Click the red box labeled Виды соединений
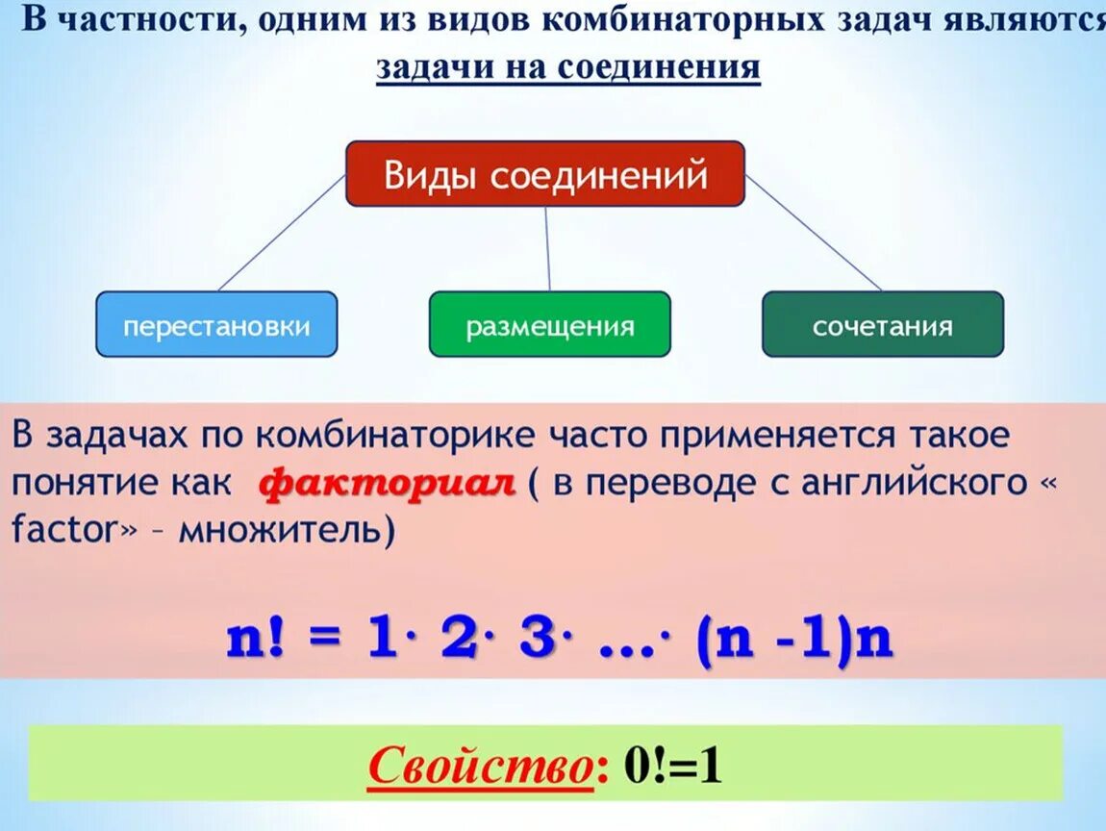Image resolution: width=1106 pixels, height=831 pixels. (x=545, y=174)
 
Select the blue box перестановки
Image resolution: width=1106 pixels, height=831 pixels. (x=216, y=325)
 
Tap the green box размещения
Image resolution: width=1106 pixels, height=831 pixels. (x=549, y=325)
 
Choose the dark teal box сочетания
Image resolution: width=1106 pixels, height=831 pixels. (x=882, y=325)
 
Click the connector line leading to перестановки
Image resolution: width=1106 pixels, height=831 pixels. (x=281, y=234)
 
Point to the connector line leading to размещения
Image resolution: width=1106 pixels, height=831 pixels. (x=547, y=248)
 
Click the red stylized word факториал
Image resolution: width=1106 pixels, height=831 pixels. (x=388, y=482)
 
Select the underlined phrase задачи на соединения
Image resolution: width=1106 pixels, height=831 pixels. (x=567, y=68)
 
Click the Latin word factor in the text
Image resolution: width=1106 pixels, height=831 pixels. (x=65, y=530)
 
